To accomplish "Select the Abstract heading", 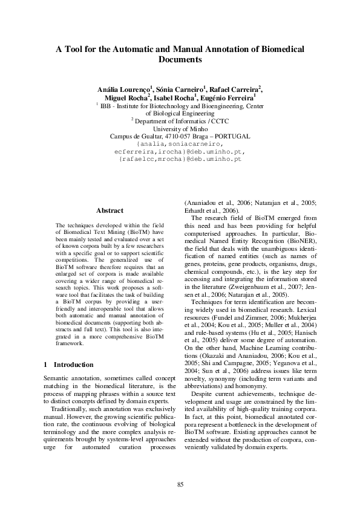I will pyautogui.click(x=110, y=211).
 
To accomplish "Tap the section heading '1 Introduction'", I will pyautogui.click(x=69, y=365).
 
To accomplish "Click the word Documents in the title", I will pyautogui.click(x=180, y=60).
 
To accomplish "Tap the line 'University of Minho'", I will pyautogui.click(x=180, y=128).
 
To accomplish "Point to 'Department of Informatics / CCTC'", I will pyautogui.click(x=181, y=120).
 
